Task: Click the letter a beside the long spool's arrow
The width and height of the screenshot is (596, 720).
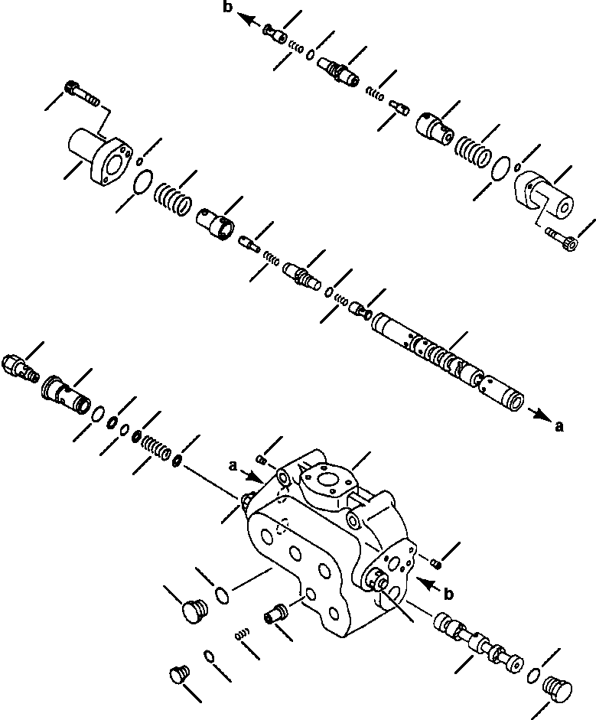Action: pos(559,428)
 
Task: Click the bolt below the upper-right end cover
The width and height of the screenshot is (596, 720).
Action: pos(562,243)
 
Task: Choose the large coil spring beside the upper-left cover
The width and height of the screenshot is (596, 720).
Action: pos(174,198)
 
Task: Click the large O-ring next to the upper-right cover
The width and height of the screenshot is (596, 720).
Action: pos(501,167)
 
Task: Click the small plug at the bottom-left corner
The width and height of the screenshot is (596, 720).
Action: pos(178,674)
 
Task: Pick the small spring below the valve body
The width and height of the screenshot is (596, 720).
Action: pos(243,634)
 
